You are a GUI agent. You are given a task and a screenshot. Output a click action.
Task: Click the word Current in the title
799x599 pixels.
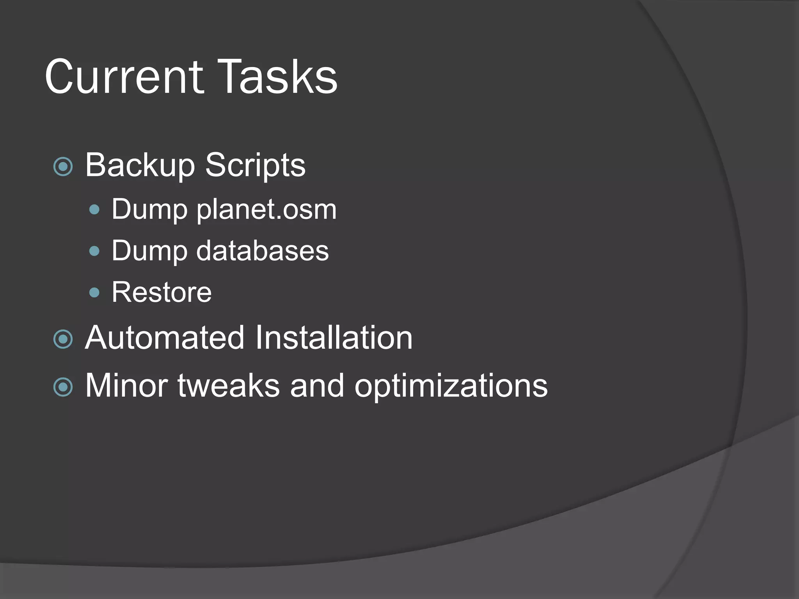pos(124,77)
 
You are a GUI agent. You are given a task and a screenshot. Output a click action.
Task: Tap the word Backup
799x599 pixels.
pos(140,165)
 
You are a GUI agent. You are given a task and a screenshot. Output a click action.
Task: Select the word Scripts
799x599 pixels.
pos(255,165)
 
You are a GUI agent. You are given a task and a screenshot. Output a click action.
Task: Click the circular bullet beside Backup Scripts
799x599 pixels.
pos(63,167)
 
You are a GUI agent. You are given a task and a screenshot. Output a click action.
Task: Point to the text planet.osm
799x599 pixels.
pos(266,210)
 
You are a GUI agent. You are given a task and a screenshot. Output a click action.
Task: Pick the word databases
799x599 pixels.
pos(263,250)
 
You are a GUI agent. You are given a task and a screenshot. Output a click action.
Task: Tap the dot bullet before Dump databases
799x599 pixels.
pos(94,251)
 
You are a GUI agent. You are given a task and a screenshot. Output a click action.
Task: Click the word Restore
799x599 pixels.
pos(162,292)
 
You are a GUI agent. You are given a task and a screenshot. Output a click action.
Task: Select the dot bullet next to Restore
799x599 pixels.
pos(94,292)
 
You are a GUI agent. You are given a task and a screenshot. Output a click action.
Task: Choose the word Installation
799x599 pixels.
pos(334,338)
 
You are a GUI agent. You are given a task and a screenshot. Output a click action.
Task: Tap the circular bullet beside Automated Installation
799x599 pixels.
pos(63,339)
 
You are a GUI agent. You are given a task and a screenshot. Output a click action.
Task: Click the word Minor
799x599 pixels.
pos(126,386)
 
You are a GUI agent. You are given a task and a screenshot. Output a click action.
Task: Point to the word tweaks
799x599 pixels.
pos(229,386)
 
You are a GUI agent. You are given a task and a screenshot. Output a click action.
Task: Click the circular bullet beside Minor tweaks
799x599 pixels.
pos(63,387)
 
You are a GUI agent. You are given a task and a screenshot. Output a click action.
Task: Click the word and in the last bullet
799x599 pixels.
pos(317,386)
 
